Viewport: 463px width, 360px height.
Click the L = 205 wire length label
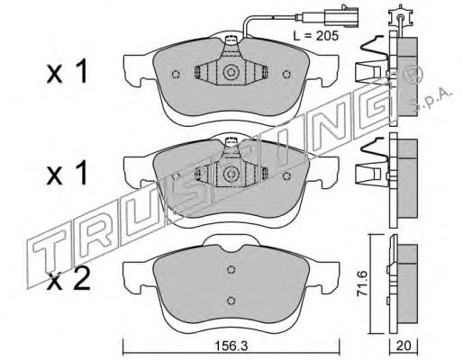[x=315, y=36]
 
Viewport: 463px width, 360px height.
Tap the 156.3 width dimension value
[x=231, y=346]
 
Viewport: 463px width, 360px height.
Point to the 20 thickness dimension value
[x=404, y=346]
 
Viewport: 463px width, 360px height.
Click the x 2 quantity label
[x=68, y=279]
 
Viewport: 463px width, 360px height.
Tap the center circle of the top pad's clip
[x=231, y=72]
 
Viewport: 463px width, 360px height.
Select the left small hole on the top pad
[x=176, y=74]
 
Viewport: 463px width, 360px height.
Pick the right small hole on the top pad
[x=286, y=74]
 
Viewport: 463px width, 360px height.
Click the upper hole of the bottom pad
[x=231, y=270]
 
